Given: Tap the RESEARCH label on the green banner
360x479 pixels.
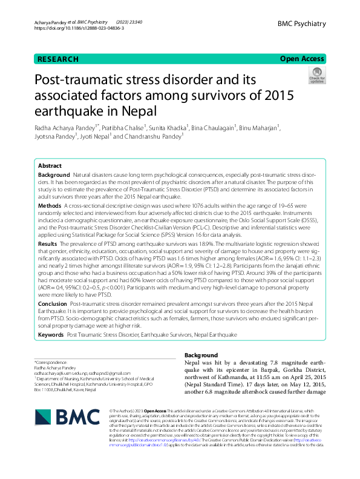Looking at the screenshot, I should [58, 59].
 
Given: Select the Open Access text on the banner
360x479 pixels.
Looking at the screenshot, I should [302, 59].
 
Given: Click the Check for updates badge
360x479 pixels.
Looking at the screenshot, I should [316, 75].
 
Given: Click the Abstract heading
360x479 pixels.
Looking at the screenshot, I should [50, 165].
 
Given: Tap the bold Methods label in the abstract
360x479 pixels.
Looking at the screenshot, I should [50, 206].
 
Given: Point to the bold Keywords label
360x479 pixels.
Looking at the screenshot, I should [51, 334].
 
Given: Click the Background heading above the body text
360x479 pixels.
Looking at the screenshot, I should [201, 355].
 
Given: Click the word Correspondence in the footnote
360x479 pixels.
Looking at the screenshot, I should [50, 362].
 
